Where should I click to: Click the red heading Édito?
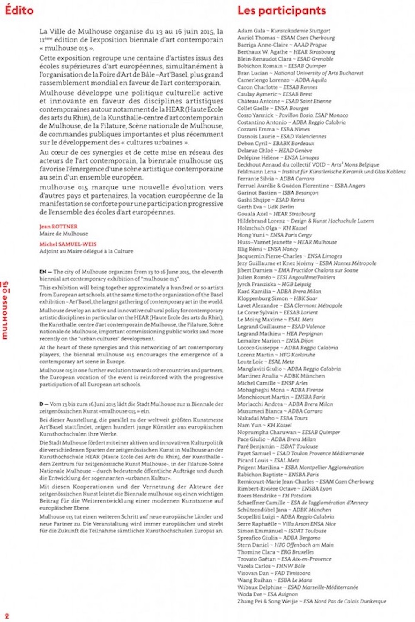click(19, 10)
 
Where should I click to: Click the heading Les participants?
click(281, 10)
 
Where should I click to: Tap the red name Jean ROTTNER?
click(58, 227)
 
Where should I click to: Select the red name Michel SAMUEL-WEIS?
click(68, 244)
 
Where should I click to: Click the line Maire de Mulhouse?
click(64, 234)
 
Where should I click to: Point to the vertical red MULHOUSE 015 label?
click(5, 310)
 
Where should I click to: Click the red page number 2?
click(7, 616)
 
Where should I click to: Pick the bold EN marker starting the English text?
click(43, 272)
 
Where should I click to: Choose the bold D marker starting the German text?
click(41, 404)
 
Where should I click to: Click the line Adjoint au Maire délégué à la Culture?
click(86, 251)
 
